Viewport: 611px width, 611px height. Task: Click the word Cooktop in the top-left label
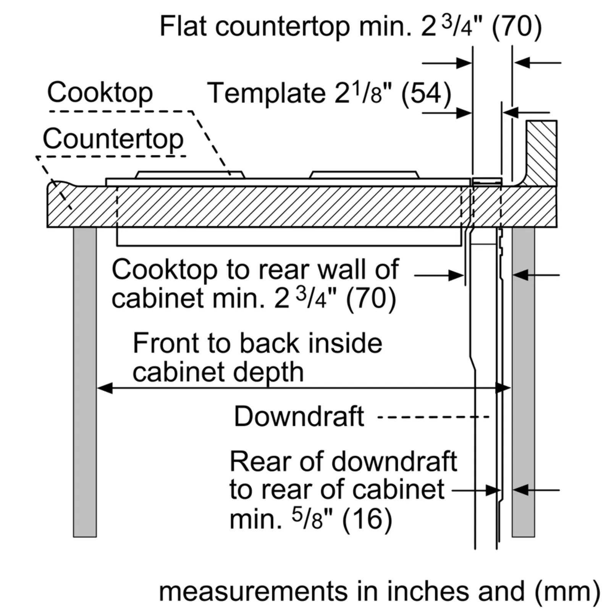click(x=100, y=93)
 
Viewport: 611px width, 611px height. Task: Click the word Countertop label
click(x=113, y=139)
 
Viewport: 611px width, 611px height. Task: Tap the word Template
click(x=266, y=93)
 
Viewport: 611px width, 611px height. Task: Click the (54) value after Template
click(x=426, y=93)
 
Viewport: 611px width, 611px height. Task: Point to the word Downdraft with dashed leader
click(x=299, y=416)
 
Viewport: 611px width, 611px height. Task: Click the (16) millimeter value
click(x=367, y=519)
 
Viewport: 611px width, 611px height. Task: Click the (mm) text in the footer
click(x=567, y=591)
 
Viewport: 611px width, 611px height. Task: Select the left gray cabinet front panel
click(x=85, y=382)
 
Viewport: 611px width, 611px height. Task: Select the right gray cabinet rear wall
click(x=523, y=382)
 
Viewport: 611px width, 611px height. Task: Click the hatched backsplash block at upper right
click(x=541, y=153)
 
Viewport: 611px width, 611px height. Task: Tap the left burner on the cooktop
click(x=190, y=175)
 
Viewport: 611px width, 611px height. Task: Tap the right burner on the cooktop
click(x=364, y=175)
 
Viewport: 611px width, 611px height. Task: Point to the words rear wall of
click(x=328, y=270)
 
